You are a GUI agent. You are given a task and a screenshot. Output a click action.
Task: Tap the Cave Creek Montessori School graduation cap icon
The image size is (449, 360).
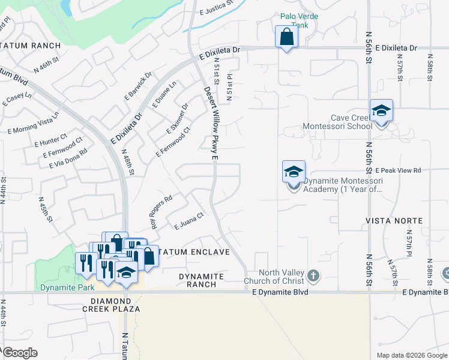pos(381,111)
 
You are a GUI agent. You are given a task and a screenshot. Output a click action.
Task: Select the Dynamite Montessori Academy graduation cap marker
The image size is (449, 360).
pos(294,172)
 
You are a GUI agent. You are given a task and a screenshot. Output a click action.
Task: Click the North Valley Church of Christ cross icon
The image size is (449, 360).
pos(312,275)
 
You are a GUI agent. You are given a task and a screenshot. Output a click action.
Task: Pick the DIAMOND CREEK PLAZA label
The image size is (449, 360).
pos(112,304)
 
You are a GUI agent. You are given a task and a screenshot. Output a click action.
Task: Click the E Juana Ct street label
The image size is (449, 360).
pos(190,221)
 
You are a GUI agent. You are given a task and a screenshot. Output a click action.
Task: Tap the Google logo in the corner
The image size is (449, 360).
pos(20,353)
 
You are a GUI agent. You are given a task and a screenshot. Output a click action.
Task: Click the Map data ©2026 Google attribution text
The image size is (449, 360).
pos(412,355)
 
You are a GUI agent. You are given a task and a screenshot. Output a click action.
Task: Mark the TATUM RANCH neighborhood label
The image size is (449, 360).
pos(31,46)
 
